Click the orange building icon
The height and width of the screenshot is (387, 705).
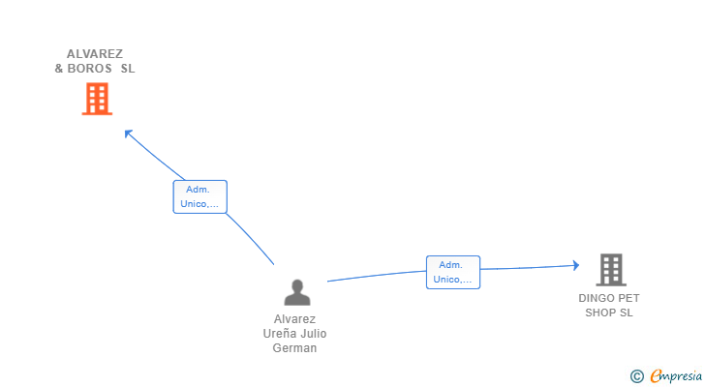pyautogui.click(x=97, y=99)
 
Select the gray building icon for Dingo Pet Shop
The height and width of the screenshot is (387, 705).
pyautogui.click(x=610, y=269)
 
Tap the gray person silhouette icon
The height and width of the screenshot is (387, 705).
pyautogui.click(x=296, y=292)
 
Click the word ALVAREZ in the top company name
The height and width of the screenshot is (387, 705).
pyautogui.click(x=95, y=54)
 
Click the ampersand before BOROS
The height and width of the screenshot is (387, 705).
pyautogui.click(x=59, y=69)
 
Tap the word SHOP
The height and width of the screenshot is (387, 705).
pyautogui.click(x=600, y=313)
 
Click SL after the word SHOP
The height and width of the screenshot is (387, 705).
pyautogui.click(x=627, y=313)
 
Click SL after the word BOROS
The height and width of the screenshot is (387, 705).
pyautogui.click(x=128, y=69)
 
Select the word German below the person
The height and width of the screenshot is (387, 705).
pyautogui.click(x=295, y=348)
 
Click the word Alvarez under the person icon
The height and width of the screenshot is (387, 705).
pyautogui.click(x=295, y=319)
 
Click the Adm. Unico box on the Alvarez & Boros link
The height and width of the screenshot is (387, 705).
pyautogui.click(x=199, y=197)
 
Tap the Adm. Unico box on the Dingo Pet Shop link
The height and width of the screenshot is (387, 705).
pyautogui.click(x=453, y=272)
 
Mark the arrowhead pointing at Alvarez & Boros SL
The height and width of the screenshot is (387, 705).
pyautogui.click(x=127, y=133)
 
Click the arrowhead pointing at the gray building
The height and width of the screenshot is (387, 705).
pyautogui.click(x=575, y=265)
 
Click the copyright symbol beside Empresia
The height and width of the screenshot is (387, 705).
pyautogui.click(x=636, y=376)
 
